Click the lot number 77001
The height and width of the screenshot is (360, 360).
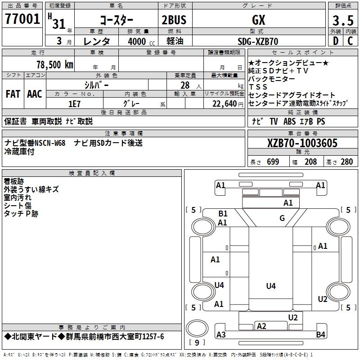22,20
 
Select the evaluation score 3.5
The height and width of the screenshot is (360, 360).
343,20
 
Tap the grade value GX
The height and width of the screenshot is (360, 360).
258,20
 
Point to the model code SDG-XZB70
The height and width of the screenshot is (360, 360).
258,41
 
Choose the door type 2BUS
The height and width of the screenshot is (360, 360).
174,20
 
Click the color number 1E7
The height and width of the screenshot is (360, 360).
74,103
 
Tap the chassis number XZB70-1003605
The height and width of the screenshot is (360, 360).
302,144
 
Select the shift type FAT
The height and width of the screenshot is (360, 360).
13,94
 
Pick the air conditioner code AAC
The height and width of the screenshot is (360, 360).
35,94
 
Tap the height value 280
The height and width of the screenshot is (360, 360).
346,162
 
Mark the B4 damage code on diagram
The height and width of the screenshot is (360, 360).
320,334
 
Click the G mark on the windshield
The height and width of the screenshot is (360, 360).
282,218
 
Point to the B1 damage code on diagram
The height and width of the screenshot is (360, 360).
223,214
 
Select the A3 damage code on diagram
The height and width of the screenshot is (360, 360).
221,334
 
